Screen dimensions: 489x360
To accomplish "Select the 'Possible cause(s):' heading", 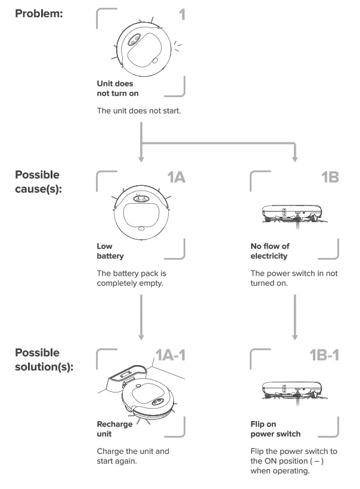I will point(37,183).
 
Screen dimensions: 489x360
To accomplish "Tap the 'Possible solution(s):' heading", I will point(44,359).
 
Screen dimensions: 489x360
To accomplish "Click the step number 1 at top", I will point(182,14).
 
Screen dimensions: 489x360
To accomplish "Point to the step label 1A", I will point(176,177).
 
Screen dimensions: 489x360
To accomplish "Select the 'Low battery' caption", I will point(110,251).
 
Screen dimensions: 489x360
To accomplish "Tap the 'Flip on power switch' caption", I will point(275,429).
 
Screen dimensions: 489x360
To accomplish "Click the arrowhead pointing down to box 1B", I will point(295,159).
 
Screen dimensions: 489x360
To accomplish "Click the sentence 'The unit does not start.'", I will point(139,110).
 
